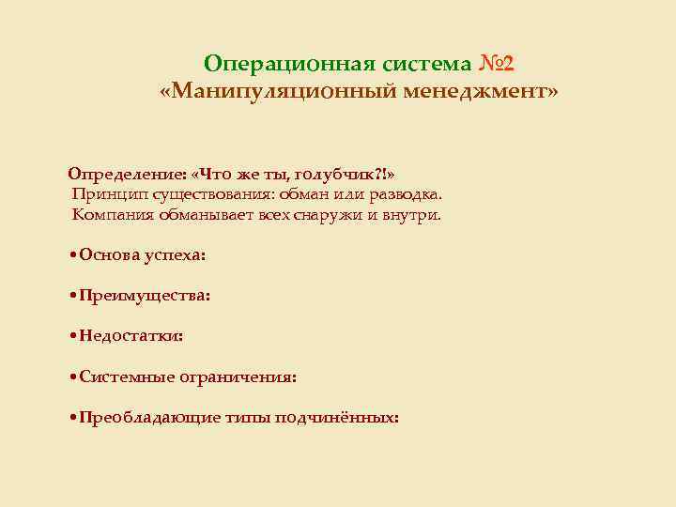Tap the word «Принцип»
pos(104,194)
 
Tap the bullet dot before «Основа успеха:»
pos(73,255)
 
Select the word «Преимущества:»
pos(145,295)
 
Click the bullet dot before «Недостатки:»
pos(73,336)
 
